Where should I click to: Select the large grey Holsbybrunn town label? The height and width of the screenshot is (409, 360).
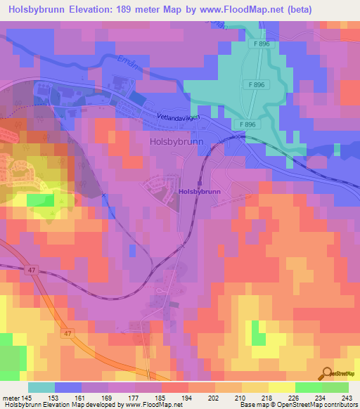pyautogui.click(x=176, y=141)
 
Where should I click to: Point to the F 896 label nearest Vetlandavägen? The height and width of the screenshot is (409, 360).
pyautogui.click(x=247, y=124)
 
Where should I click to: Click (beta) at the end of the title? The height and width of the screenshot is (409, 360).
pyautogui.click(x=296, y=10)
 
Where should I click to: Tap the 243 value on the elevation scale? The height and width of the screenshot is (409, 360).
pyautogui.click(x=347, y=397)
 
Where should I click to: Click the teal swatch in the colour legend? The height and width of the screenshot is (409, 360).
pyautogui.click(x=41, y=387)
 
